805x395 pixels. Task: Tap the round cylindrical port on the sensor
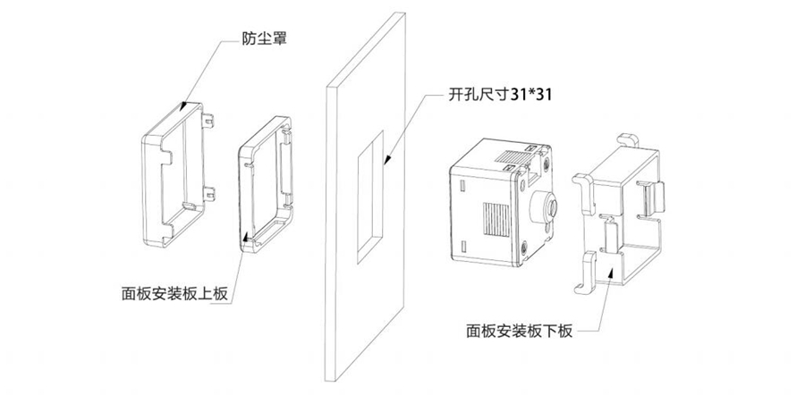click(x=545, y=208)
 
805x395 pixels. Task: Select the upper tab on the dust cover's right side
click(x=210, y=120)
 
